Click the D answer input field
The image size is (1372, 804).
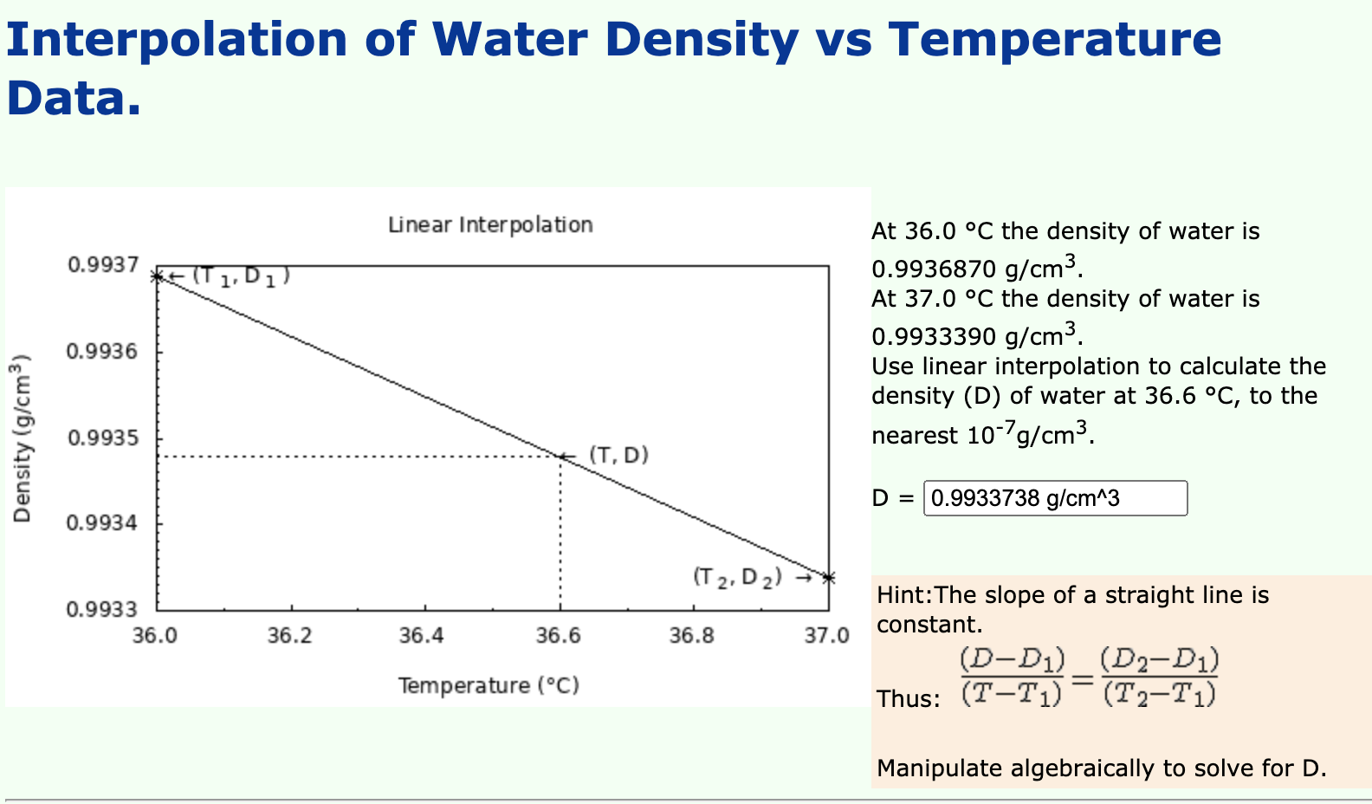click(1055, 498)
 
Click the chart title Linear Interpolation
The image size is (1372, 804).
click(490, 225)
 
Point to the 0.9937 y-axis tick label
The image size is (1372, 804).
click(102, 264)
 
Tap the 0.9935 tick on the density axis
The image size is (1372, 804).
click(102, 438)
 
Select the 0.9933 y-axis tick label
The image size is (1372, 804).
click(102, 610)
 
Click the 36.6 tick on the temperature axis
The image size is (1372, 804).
click(559, 636)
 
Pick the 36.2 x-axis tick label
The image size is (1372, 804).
click(289, 636)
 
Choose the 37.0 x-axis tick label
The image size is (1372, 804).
click(826, 636)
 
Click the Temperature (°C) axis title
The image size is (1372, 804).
click(489, 685)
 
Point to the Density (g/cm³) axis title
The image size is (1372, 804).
click(23, 438)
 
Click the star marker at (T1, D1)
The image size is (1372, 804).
click(157, 276)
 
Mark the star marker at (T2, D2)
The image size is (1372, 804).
click(828, 578)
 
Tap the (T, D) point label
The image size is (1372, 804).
click(618, 455)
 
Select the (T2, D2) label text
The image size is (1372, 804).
click(737, 577)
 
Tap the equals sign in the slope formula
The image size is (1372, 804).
click(1082, 679)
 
